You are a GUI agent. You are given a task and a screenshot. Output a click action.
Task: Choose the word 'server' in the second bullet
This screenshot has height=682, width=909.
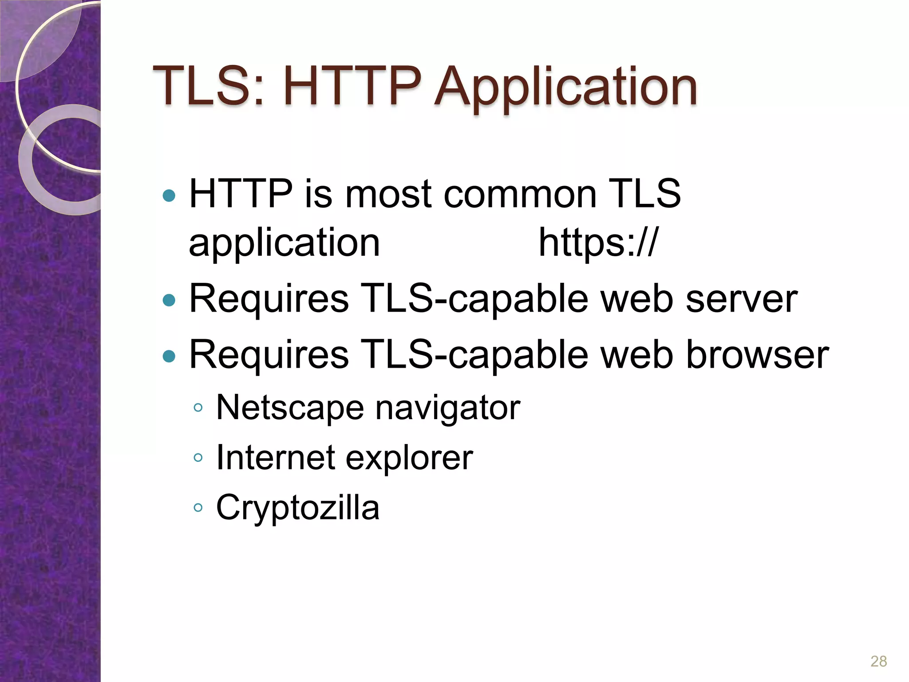[x=741, y=299]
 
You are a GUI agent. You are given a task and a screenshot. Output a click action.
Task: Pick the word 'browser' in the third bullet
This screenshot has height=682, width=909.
[x=757, y=355]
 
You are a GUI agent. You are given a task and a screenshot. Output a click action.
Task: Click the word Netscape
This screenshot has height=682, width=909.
[x=290, y=408]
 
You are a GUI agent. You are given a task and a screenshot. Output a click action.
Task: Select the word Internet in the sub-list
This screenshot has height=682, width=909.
[x=275, y=457]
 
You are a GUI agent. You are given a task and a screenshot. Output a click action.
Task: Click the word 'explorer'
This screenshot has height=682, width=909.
[x=409, y=458]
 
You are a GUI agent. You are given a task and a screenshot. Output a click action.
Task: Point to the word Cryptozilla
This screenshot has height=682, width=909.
[x=297, y=508]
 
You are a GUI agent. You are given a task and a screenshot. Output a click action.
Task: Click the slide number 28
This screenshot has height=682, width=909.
[x=878, y=661]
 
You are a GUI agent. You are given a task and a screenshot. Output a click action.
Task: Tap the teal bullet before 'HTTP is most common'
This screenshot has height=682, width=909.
[x=169, y=195]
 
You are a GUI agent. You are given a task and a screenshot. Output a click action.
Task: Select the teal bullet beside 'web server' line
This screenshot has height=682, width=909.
[x=169, y=301]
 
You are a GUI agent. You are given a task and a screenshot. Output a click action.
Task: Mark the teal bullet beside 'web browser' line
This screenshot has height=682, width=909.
[x=169, y=356]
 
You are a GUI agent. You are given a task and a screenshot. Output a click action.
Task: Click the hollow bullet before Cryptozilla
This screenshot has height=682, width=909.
[x=198, y=508]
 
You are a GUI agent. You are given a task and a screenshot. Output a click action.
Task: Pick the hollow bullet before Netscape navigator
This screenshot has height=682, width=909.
[x=198, y=408]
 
